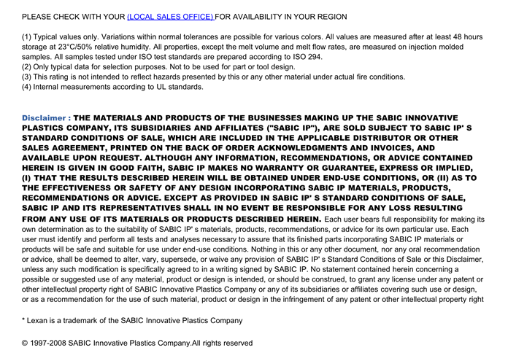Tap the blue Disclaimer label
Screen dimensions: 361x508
pyautogui.click(x=46, y=117)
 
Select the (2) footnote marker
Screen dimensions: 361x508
pyautogui.click(x=27, y=66)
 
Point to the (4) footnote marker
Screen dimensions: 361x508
pyautogui.click(x=27, y=87)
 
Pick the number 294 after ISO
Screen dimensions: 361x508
pyautogui.click(x=313, y=57)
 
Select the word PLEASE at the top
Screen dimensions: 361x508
pyautogui.click(x=38, y=16)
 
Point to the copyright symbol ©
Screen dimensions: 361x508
pyautogui.click(x=26, y=343)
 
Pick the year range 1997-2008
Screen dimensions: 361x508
pyautogui.click(x=51, y=343)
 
